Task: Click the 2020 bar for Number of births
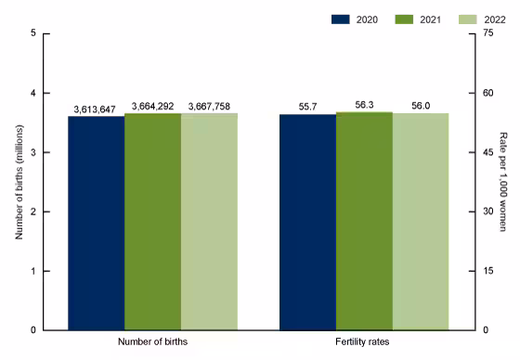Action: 97,223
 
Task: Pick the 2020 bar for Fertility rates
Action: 307,222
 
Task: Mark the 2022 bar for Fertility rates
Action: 421,222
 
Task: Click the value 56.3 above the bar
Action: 364,106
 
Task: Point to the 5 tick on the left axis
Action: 33,33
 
